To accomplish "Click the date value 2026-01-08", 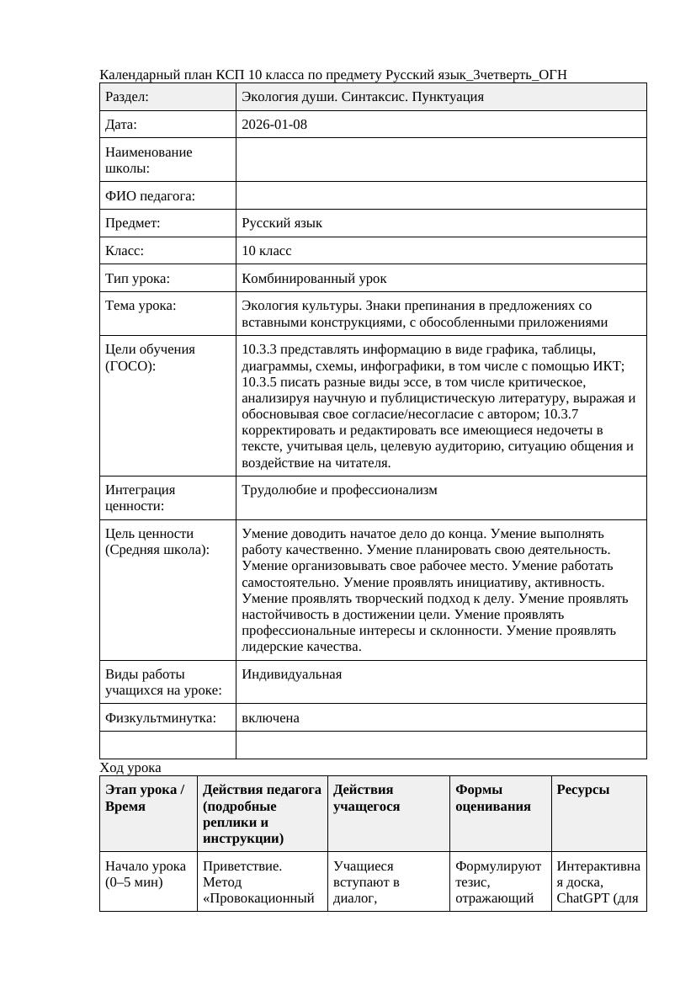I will tap(274, 125).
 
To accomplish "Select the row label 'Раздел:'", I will tap(127, 97).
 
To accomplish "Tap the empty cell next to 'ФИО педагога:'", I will tap(441, 196).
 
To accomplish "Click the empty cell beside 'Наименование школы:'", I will tap(441, 160).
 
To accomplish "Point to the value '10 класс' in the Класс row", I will tap(267, 251).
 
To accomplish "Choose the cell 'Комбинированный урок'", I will tap(314, 278).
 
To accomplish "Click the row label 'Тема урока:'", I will tap(141, 306).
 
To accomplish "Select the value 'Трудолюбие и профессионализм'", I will tap(339, 490).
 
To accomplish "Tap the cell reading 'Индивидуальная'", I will tap(291, 674).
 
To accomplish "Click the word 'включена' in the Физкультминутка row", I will tap(270, 718).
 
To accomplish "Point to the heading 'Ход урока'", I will tap(130, 768).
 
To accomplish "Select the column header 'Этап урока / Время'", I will tap(145, 798).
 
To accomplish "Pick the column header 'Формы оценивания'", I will tap(493, 798).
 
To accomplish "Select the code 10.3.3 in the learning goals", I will tap(259, 349).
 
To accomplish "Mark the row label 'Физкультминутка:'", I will tap(161, 718).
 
